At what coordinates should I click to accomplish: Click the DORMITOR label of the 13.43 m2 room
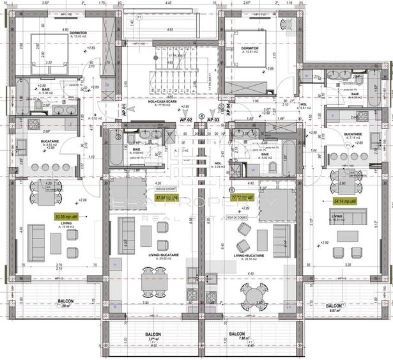point(79,33)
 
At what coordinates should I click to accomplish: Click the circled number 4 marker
point(202,116)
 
